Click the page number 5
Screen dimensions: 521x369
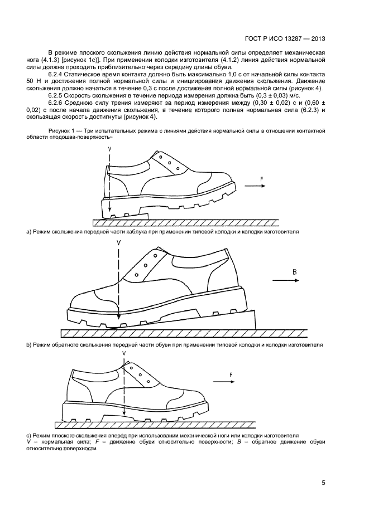tap(323, 483)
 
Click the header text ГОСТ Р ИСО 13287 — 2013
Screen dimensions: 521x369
tap(285, 39)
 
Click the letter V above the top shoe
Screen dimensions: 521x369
tap(110, 149)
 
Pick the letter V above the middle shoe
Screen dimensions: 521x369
tap(119, 244)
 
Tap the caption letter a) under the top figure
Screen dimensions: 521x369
tap(29, 230)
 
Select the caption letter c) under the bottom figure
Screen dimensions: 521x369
tap(29, 435)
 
